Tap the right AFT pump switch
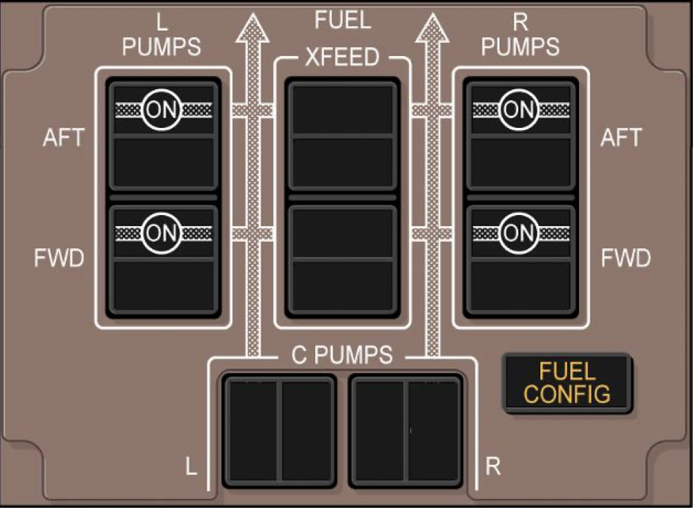[520, 135]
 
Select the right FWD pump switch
[520, 258]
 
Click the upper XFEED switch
[343, 135]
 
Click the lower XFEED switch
[343, 258]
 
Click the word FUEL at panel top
[343, 21]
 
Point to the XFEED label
[343, 58]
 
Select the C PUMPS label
[342, 355]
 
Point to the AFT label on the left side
[64, 138]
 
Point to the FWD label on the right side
[625, 258]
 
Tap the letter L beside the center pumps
[191, 467]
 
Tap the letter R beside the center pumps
[493, 467]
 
